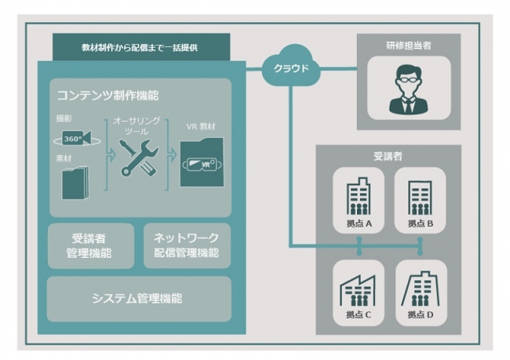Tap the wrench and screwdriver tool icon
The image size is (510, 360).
[138, 158]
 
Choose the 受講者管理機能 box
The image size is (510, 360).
[90, 245]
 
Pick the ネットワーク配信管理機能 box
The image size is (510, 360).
[188, 245]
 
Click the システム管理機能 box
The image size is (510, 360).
[139, 298]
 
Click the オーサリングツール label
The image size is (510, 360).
[137, 125]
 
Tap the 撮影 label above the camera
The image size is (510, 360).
[63, 118]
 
